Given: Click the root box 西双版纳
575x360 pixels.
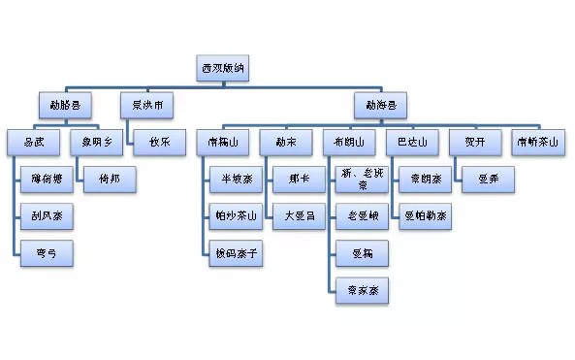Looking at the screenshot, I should (x=224, y=68).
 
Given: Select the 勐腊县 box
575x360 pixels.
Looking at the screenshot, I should (x=67, y=104).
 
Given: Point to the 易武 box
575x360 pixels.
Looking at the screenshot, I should (x=34, y=142).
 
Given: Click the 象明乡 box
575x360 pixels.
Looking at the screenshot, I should (x=97, y=142).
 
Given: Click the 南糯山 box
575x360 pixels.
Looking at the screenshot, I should (x=223, y=142).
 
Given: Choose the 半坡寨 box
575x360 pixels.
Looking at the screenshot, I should (x=236, y=179).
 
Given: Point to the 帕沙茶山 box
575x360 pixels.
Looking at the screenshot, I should (x=236, y=215).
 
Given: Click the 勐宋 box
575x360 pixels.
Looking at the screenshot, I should (x=286, y=142).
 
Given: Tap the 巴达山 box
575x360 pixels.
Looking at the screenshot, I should (x=412, y=142).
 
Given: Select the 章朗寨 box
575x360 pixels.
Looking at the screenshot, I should (x=424, y=179).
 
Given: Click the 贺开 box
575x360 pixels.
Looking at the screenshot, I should (x=474, y=142).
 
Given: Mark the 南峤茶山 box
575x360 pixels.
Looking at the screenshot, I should (x=537, y=142).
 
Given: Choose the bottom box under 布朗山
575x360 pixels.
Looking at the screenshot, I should (x=362, y=290).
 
